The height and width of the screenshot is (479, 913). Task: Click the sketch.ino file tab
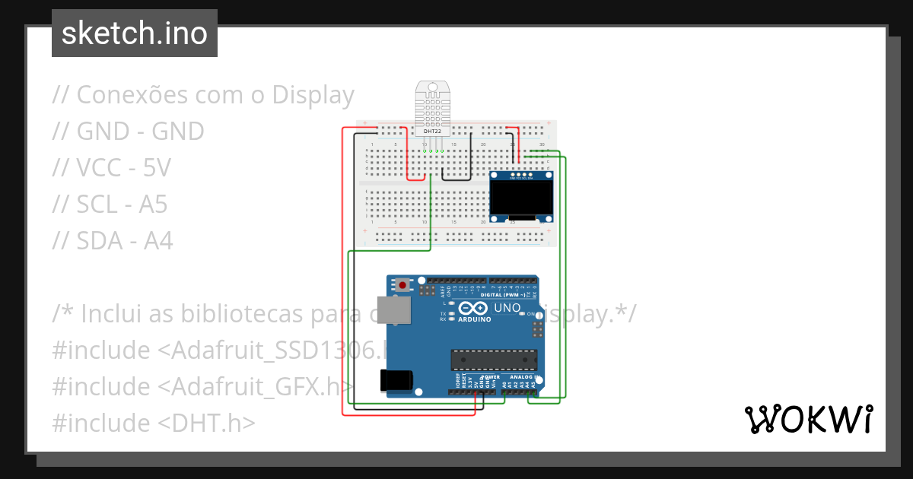click(x=134, y=33)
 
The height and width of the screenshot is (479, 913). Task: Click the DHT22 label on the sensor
click(x=432, y=132)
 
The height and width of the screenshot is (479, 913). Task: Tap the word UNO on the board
click(x=507, y=309)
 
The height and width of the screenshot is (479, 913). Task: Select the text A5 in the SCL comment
click(x=152, y=205)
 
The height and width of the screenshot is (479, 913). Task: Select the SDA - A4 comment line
click(x=113, y=241)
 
